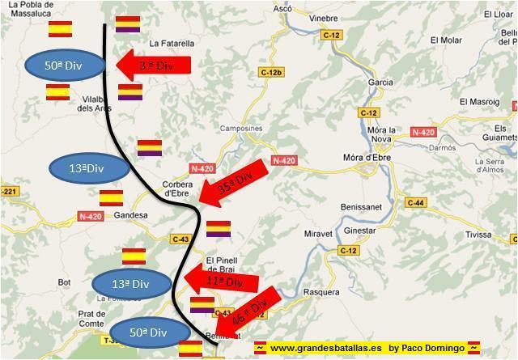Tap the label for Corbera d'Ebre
(x=177, y=188)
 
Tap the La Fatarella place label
(x=172, y=43)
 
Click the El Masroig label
(x=480, y=101)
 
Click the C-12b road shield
(x=271, y=73)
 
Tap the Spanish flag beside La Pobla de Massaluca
(x=61, y=29)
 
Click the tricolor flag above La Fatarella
(x=127, y=23)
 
